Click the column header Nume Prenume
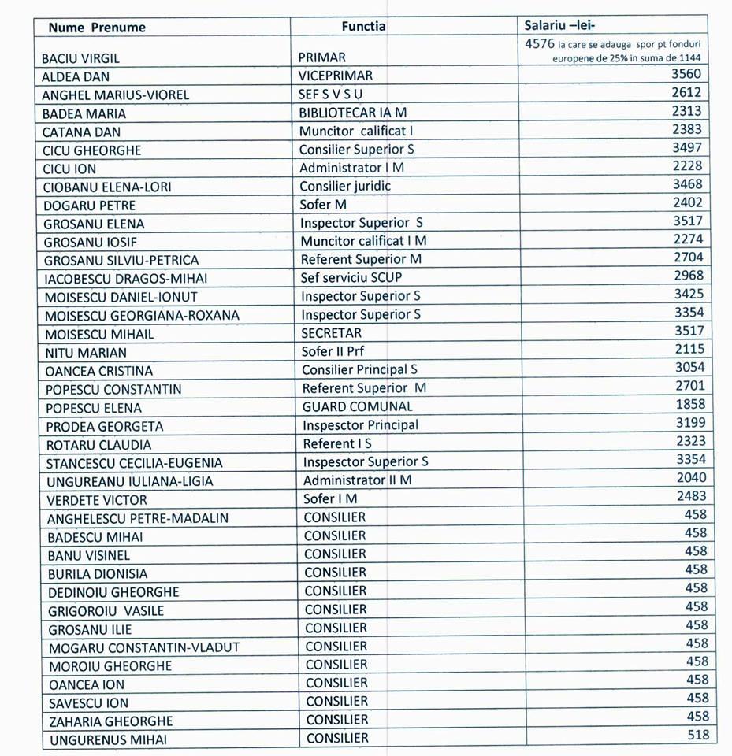(97, 28)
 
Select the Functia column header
(363, 26)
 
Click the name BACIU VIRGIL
(82, 58)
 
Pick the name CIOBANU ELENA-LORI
(108, 187)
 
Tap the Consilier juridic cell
(345, 187)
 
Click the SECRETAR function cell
(331, 333)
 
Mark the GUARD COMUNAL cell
(357, 407)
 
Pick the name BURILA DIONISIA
(98, 574)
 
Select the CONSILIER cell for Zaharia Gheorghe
(336, 720)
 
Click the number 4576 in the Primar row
(540, 44)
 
